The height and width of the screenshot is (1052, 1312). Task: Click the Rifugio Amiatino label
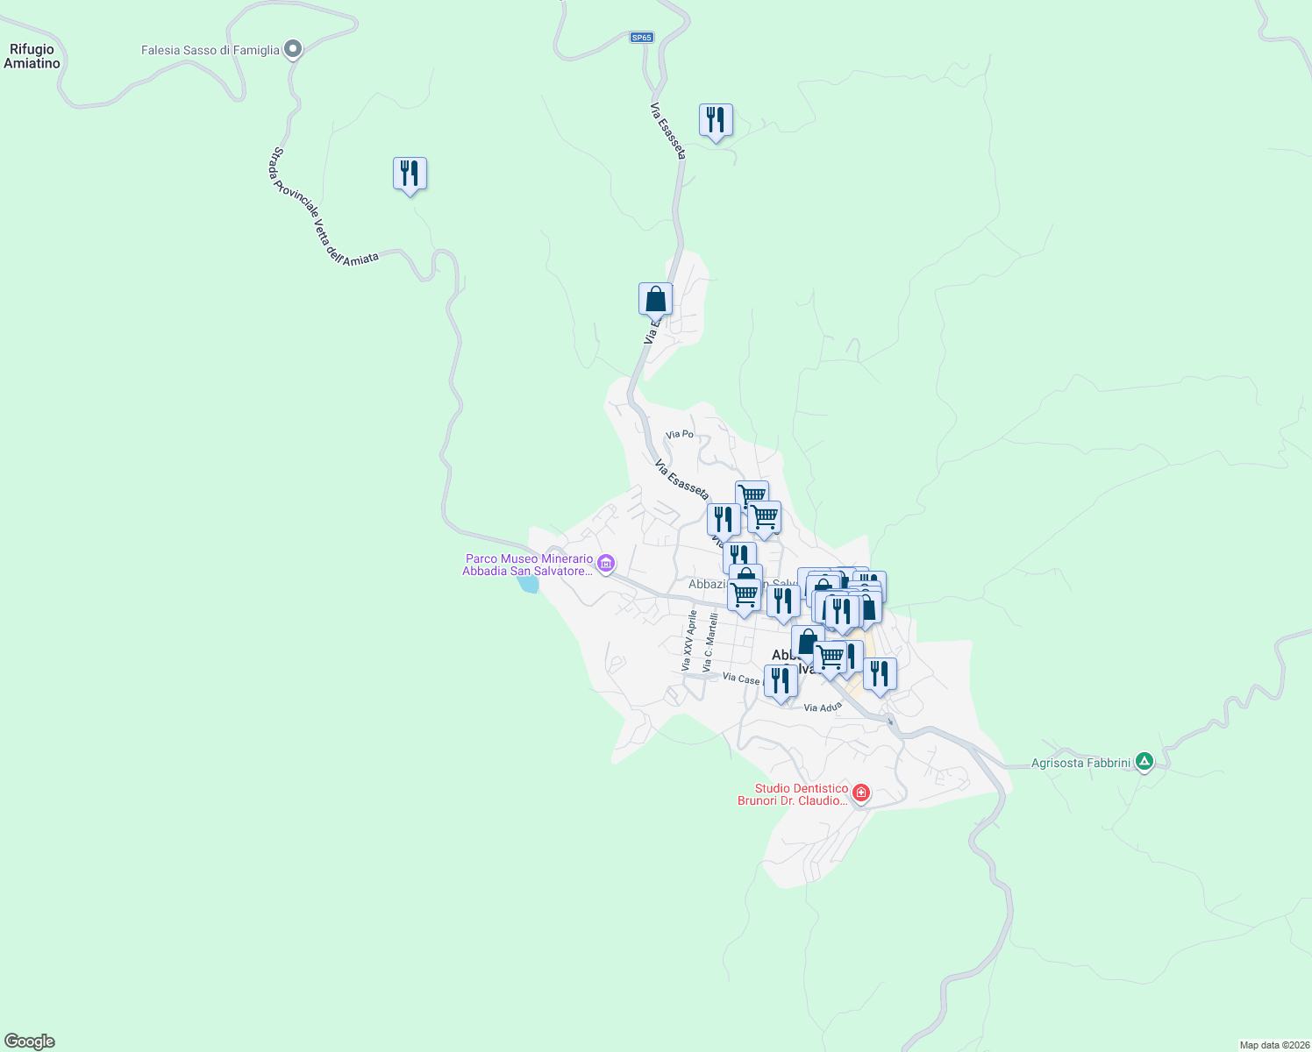pyautogui.click(x=32, y=56)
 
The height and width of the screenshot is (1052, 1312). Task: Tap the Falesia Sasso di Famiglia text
pyautogui.click(x=210, y=50)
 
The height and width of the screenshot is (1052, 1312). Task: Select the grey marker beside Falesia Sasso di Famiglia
pyautogui.click(x=293, y=49)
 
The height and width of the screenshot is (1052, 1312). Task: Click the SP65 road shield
pyautogui.click(x=642, y=38)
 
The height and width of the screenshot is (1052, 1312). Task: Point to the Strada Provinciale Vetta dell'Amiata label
pyautogui.click(x=320, y=209)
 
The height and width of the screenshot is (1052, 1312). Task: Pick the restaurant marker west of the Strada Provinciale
pyautogui.click(x=410, y=174)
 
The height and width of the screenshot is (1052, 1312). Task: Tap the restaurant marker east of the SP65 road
pyautogui.click(x=716, y=120)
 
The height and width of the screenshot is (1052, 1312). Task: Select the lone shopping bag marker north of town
pyautogui.click(x=655, y=299)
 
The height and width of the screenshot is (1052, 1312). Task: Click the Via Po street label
pyautogui.click(x=680, y=434)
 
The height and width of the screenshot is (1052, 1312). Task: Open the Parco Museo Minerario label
pyautogui.click(x=529, y=565)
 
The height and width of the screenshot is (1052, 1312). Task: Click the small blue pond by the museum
pyautogui.click(x=527, y=583)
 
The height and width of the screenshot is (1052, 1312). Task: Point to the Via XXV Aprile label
pyautogui.click(x=688, y=641)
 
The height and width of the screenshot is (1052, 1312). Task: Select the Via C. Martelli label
pyautogui.click(x=709, y=643)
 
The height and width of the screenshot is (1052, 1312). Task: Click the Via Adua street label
pyautogui.click(x=823, y=707)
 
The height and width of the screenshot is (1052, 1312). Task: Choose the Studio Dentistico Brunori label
pyautogui.click(x=793, y=794)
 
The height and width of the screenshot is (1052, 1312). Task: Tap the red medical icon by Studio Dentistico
pyautogui.click(x=861, y=793)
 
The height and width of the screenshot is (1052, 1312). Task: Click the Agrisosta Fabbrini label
pyautogui.click(x=1080, y=763)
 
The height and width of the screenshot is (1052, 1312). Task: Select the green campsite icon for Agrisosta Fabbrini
pyautogui.click(x=1144, y=762)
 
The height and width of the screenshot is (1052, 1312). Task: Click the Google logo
pyautogui.click(x=30, y=1041)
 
